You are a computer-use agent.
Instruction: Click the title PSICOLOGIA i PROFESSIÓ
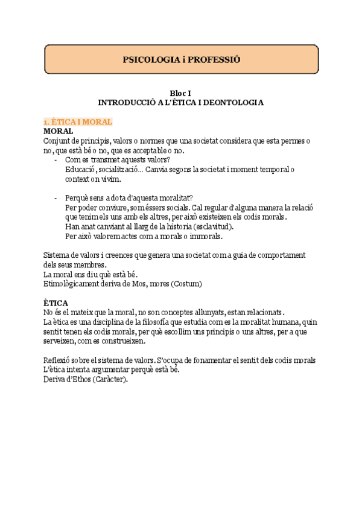(x=181, y=60)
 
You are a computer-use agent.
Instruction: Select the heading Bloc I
(x=180, y=93)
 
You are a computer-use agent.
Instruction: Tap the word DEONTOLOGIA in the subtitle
(x=230, y=103)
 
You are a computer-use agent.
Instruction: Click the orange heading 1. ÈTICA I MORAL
(x=78, y=121)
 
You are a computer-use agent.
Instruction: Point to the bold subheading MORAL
(x=59, y=130)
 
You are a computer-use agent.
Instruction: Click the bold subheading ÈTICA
(x=56, y=302)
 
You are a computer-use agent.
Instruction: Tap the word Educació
(x=81, y=170)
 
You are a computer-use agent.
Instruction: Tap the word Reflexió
(x=59, y=360)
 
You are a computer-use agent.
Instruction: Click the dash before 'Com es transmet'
(x=56, y=160)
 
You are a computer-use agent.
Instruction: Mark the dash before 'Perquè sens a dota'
(x=56, y=198)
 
